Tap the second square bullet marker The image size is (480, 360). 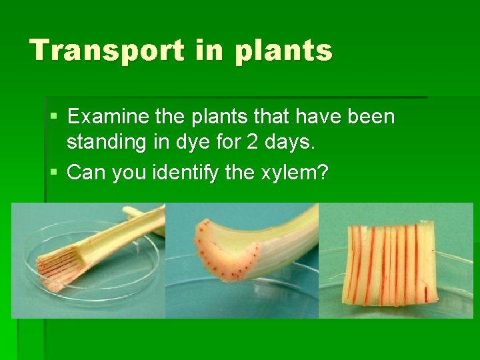[54, 173]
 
